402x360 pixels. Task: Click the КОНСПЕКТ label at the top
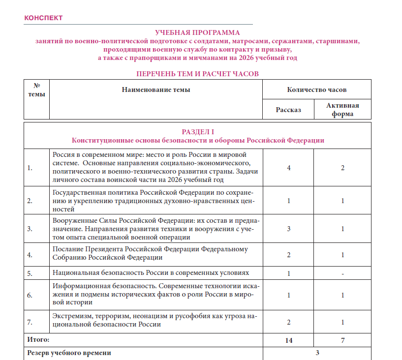(43, 18)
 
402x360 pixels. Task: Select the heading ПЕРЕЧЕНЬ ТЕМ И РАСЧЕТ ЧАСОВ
(197, 74)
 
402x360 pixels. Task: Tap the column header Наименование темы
(156, 90)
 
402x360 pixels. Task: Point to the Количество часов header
(317, 90)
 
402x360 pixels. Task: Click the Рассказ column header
(288, 110)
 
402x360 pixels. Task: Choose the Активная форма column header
(343, 110)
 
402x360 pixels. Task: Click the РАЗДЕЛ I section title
(198, 132)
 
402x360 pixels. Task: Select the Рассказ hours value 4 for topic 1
(289, 168)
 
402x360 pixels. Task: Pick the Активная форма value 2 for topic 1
(342, 168)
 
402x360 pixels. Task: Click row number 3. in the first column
(30, 229)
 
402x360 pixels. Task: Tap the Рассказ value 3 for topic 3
(289, 229)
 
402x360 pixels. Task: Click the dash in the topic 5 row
(342, 273)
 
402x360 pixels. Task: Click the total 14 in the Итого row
(289, 340)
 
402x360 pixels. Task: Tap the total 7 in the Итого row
(342, 340)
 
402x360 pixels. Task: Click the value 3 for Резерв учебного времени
(317, 353)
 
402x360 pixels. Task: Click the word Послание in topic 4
(67, 249)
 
